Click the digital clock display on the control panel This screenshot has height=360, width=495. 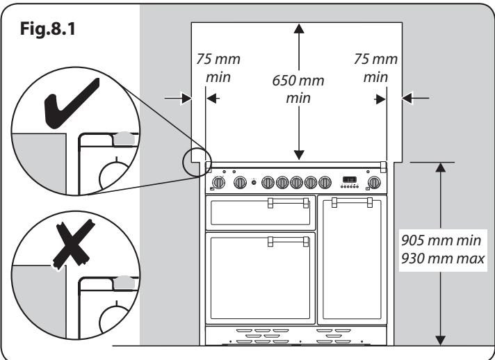point(348,179)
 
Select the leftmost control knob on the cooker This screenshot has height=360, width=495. point(218,183)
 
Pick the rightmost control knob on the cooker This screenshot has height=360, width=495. point(374,183)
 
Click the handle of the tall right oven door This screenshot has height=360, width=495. point(352,202)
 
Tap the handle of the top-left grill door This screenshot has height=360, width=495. point(287,202)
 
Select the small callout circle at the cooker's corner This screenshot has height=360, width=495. point(195,163)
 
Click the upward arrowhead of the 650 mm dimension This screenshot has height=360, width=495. point(299,28)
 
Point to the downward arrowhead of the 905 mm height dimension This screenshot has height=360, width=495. point(439,338)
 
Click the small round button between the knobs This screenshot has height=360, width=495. point(254,183)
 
